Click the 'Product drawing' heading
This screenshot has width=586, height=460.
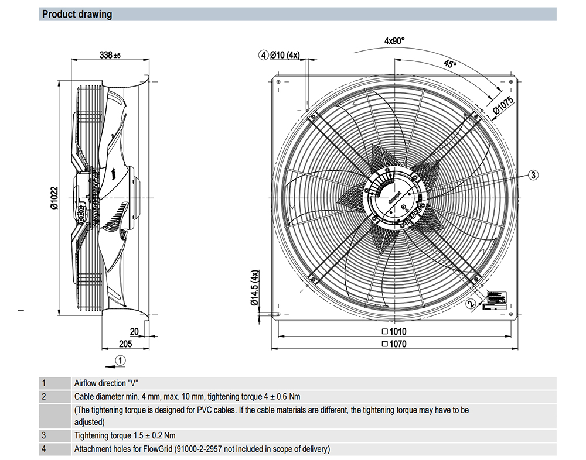coord(77,14)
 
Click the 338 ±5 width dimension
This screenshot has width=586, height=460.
coord(110,55)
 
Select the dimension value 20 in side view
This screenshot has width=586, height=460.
coord(134,332)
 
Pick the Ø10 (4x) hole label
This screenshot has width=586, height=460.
coord(285,55)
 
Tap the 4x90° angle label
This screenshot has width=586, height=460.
coord(394,41)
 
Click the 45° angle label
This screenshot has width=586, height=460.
coord(449,64)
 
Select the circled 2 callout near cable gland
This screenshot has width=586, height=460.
coord(471,303)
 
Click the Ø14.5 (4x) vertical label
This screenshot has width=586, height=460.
coord(254,288)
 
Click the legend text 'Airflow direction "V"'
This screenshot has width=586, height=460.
coord(106,383)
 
